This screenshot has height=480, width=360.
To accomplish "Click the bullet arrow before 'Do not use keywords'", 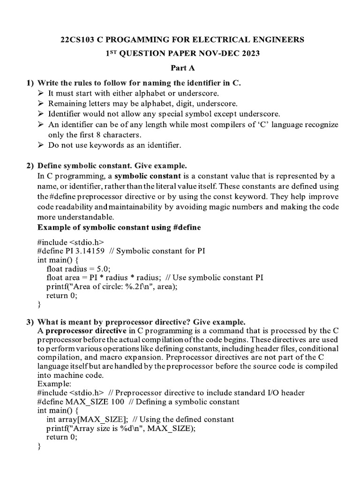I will pos(41,145).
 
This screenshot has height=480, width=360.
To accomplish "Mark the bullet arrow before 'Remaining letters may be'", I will pos(41,104).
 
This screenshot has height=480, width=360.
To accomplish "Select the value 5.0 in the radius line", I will pos(103,269).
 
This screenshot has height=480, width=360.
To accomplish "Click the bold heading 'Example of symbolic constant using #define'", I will pos(119,227).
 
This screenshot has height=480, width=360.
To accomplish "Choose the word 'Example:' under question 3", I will pos(51,384).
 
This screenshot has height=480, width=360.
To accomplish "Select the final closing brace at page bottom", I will pos(39,446).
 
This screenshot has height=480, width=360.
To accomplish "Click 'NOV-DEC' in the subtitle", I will pos(214,53).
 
